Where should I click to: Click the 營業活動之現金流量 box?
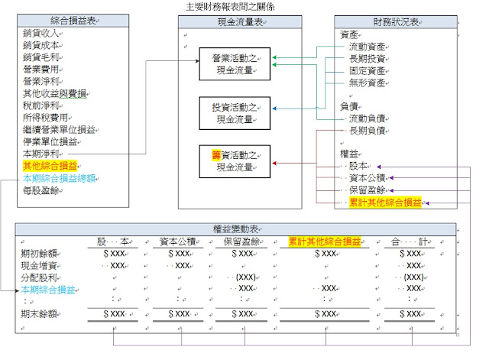(235, 63)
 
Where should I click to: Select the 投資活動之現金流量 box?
(235, 112)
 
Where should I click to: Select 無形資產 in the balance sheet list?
(366, 82)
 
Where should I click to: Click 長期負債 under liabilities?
(366, 131)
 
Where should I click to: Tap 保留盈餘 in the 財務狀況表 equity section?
(366, 190)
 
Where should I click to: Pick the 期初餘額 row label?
(37, 253)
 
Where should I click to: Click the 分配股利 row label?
(37, 277)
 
